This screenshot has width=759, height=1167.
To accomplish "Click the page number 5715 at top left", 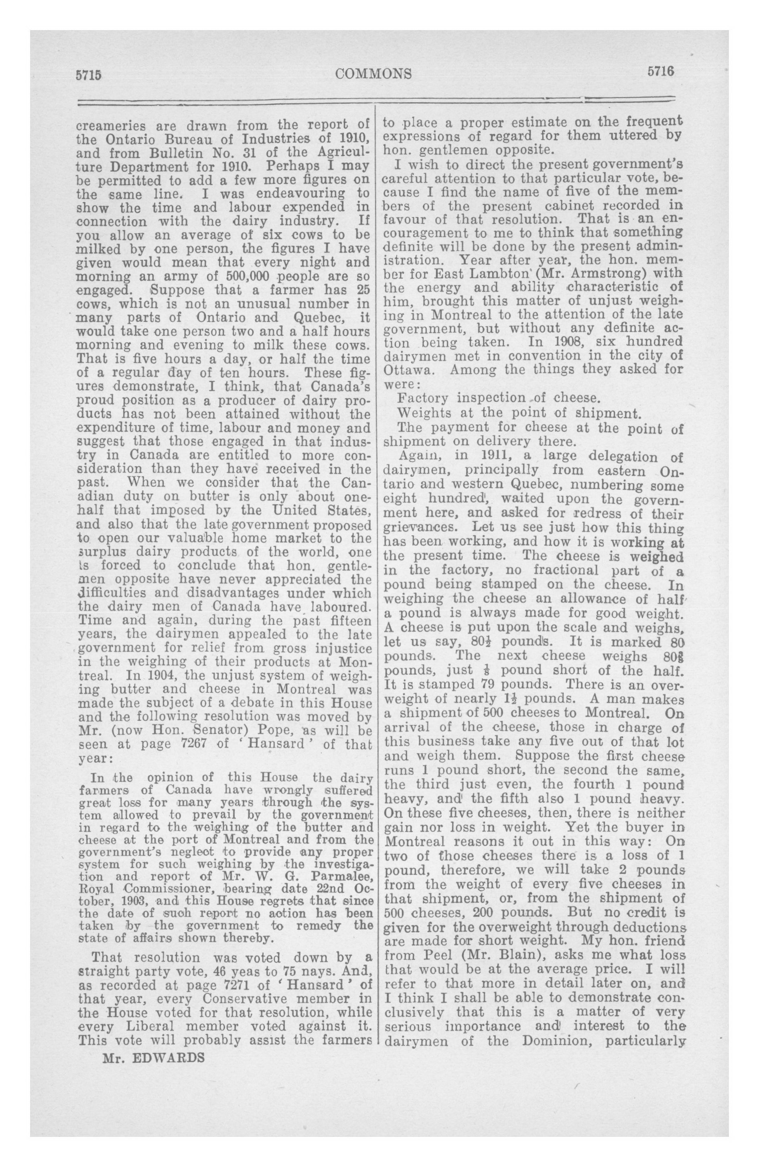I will point(88,75).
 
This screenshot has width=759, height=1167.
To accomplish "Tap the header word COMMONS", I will point(373,73).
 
